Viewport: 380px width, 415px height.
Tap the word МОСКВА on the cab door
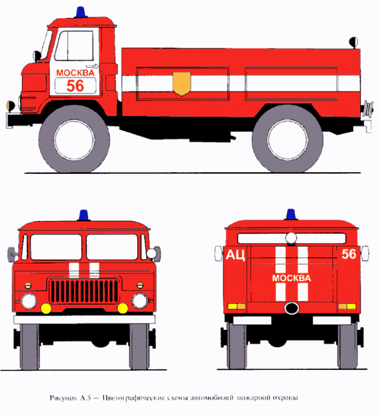pos(75,73)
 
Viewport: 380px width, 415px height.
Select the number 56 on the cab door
pos(75,86)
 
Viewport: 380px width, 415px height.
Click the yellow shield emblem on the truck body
pos(182,84)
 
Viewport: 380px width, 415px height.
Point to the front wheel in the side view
pos(74,139)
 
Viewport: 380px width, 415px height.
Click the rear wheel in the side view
pos(287,139)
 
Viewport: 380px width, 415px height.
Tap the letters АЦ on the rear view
pos(236,255)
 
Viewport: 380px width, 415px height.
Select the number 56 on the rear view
pos(349,254)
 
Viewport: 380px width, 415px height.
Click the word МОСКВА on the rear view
pos(292,278)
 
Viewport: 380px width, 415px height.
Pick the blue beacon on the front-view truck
pos(84,215)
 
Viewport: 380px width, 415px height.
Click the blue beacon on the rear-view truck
pos(291,214)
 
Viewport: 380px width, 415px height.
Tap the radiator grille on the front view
pos(84,291)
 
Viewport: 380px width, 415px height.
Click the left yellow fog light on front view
pos(46,308)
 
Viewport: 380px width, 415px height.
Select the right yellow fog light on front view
pos(123,308)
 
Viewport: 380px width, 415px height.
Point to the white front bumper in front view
pos(84,320)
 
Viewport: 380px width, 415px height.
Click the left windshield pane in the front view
pos(56,247)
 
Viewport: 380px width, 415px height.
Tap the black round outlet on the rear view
pos(292,308)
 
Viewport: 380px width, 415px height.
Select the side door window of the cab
pos(74,46)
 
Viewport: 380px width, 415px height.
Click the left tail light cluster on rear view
pos(237,307)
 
